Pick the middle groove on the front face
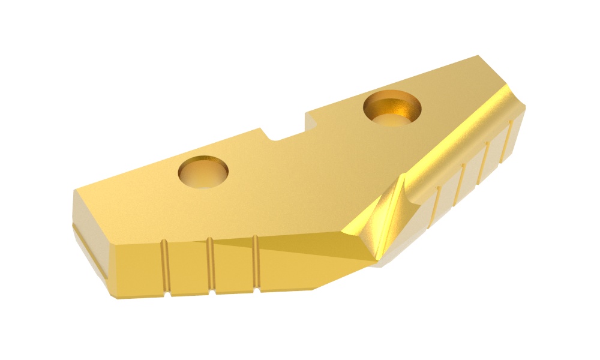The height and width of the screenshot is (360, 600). tap(211, 266)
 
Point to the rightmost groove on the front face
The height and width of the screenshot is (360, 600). tap(256, 265)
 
